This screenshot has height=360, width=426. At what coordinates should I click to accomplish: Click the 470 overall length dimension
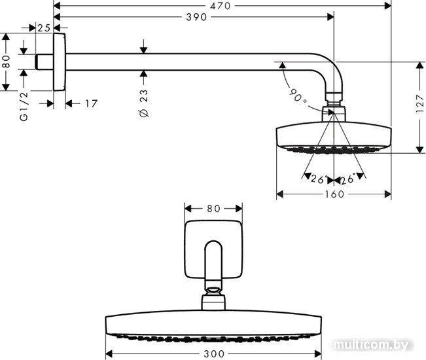220,5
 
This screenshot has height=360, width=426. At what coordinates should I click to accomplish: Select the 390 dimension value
196,17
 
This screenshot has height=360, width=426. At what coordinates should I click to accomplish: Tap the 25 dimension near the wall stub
44,28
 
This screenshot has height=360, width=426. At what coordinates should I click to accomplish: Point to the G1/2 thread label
24,106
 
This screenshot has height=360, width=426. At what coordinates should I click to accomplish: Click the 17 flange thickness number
91,103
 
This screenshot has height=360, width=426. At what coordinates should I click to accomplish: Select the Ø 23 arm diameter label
144,103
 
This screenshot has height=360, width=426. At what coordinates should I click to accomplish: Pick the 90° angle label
298,97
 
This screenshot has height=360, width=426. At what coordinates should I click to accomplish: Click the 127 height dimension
419,103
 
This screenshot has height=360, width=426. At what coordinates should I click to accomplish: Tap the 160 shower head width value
334,194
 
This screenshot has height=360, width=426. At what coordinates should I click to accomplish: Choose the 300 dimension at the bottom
214,353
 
